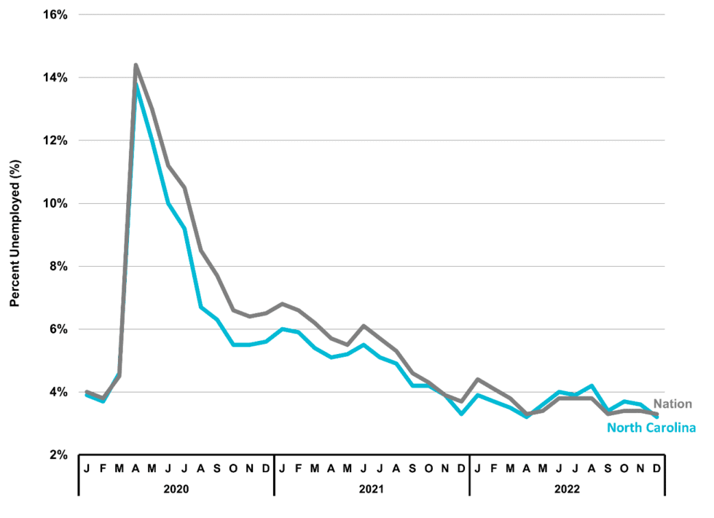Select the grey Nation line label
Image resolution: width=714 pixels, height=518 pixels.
(672, 404)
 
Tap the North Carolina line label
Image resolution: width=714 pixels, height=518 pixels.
(651, 428)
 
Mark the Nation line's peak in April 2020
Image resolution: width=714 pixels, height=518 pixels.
(136, 66)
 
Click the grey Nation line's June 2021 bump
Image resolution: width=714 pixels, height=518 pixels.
(364, 326)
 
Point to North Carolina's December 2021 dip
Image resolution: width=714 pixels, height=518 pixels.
(461, 414)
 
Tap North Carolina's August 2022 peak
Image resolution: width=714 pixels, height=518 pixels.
(592, 385)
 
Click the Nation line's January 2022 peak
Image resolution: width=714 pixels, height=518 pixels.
(477, 380)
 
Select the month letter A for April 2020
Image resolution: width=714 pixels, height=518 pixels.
(136, 468)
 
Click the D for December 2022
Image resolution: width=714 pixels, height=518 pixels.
(656, 468)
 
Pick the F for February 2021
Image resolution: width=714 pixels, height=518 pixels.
(298, 468)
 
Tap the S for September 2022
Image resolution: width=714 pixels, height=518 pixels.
(608, 468)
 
